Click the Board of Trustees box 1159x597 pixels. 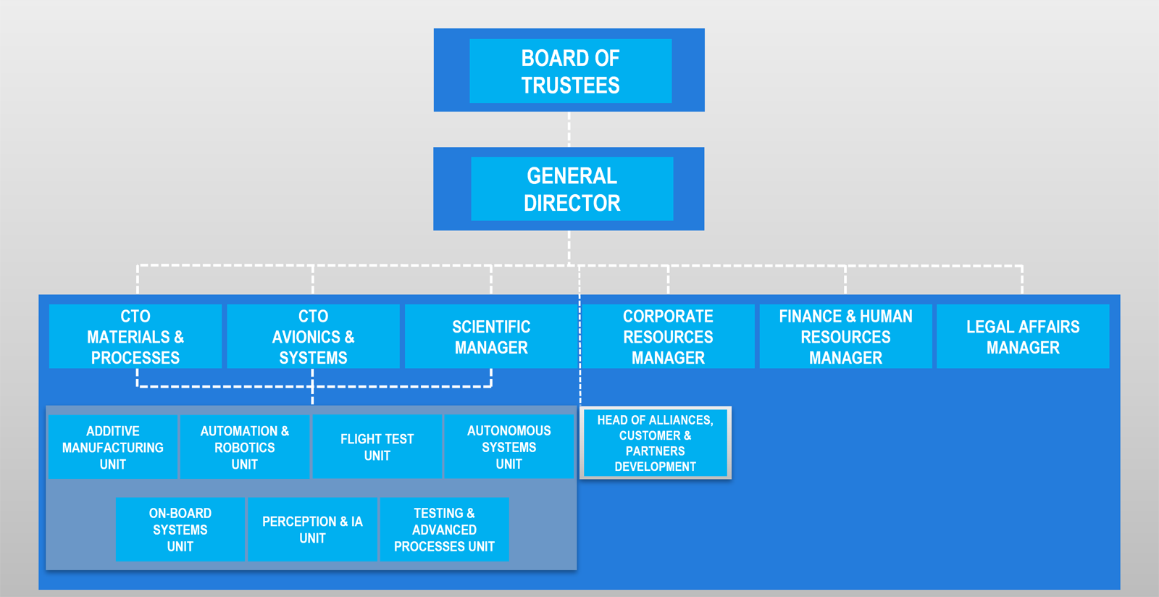[x=569, y=70]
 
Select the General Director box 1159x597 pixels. [x=569, y=189]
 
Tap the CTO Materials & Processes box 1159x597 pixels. [x=135, y=336]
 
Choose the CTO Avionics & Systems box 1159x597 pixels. [x=313, y=336]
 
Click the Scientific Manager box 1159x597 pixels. [x=491, y=336]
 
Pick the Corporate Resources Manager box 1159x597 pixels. [x=668, y=336]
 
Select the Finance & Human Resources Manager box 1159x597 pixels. [x=845, y=336]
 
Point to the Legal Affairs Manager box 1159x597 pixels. [x=1023, y=336]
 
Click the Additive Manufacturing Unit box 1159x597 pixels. [x=113, y=447]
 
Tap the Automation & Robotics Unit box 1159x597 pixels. [x=245, y=447]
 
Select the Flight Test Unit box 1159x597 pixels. [x=377, y=447]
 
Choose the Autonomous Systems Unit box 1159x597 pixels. [x=509, y=447]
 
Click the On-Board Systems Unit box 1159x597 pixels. [x=180, y=529]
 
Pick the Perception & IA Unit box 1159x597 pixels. [x=312, y=529]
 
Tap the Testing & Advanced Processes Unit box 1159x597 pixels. [x=445, y=529]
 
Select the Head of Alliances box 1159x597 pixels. [x=656, y=443]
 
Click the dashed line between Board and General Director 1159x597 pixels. [x=569, y=130]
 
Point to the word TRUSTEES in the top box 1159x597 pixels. [x=570, y=85]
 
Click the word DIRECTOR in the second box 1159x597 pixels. [x=572, y=204]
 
